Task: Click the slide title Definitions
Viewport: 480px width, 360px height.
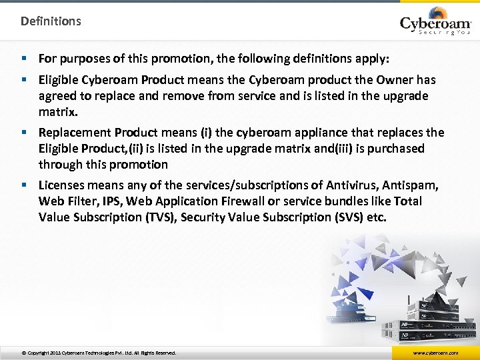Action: [51, 21]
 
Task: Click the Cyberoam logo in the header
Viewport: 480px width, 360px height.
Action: [435, 21]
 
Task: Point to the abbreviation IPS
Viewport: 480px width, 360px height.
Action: [114, 201]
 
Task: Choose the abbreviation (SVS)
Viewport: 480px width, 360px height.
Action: [345, 217]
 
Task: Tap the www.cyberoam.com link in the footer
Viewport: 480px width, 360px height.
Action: [435, 353]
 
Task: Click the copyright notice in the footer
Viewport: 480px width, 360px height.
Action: [99, 353]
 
